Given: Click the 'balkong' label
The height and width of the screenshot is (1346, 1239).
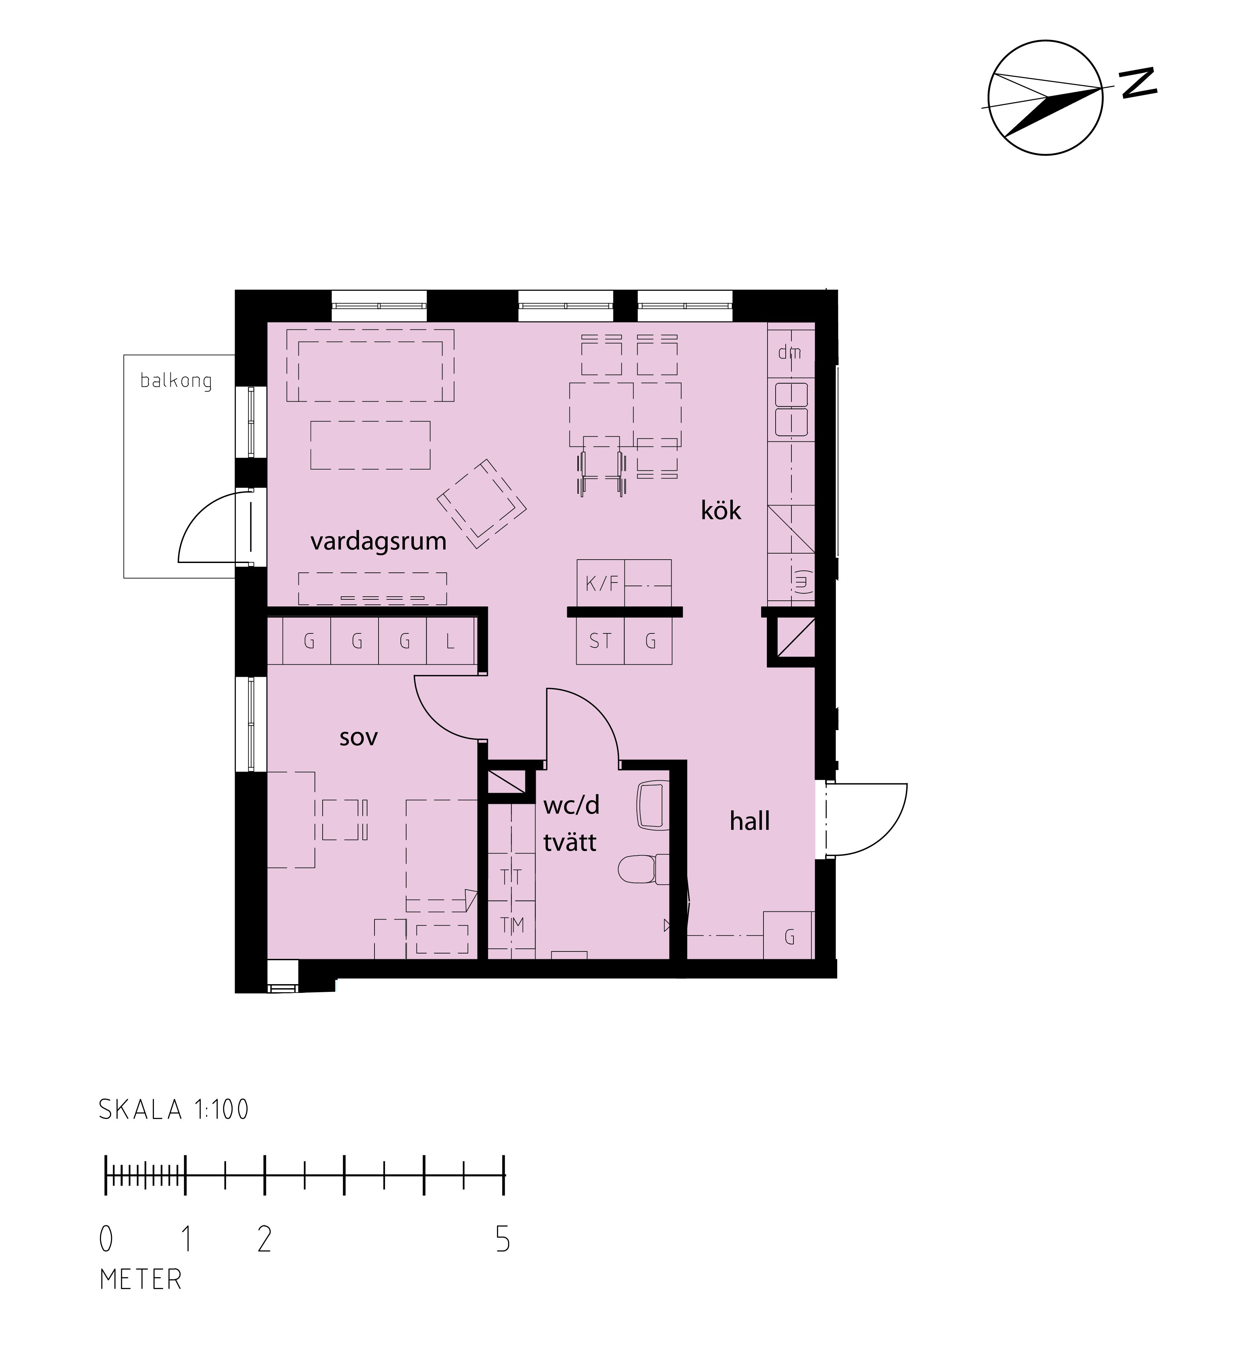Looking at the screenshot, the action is pos(176,381).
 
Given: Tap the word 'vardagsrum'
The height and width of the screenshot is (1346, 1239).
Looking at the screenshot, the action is pos(378,541).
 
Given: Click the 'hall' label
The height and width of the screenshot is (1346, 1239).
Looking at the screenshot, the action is pos(750,821).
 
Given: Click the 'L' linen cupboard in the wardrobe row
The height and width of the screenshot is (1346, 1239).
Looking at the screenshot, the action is pos(451,641).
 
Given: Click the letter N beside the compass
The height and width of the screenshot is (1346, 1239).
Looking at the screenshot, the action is pos(1138,83).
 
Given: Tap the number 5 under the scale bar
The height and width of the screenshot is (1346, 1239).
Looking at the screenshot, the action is pos(503,1240).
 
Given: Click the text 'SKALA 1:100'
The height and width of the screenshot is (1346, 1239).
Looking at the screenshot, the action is pos(174,1110).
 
